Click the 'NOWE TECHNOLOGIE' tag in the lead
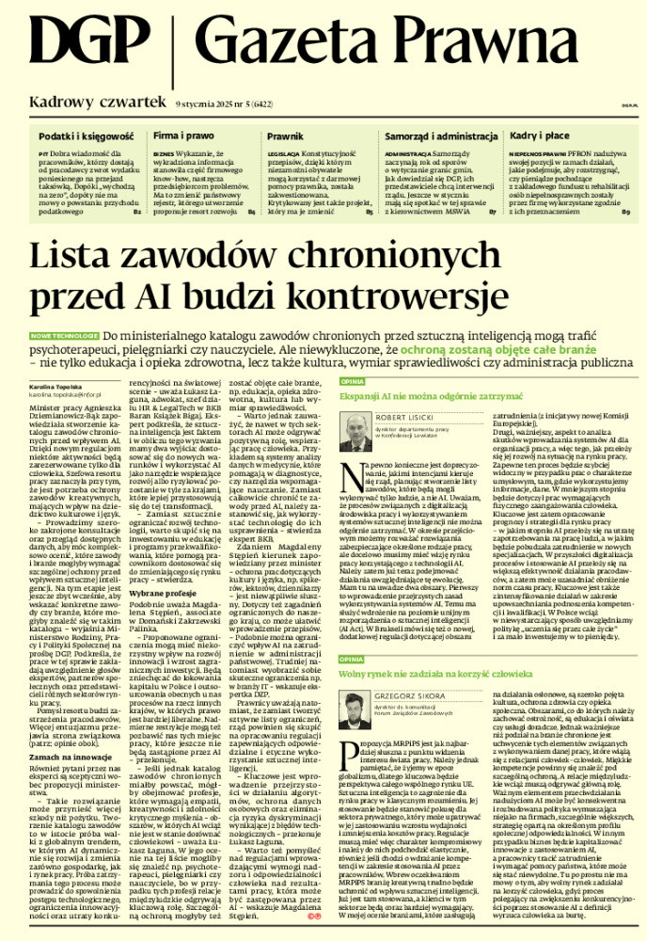[x=63, y=335]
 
